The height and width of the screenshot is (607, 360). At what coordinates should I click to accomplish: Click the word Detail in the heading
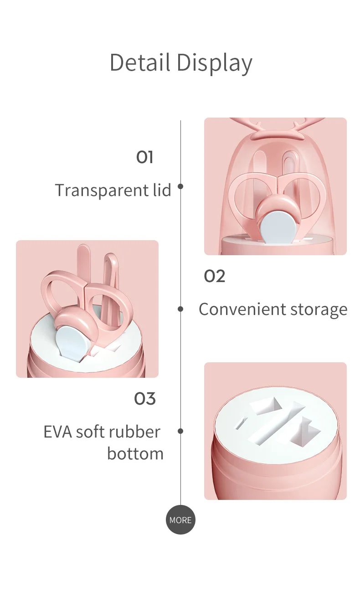(140, 62)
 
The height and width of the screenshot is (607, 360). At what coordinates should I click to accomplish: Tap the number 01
(144, 157)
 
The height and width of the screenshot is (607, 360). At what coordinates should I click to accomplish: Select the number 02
(214, 276)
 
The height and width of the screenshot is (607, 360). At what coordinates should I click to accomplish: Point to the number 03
(145, 399)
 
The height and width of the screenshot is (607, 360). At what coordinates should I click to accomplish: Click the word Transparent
(97, 190)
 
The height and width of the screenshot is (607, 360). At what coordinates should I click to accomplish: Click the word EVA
(57, 432)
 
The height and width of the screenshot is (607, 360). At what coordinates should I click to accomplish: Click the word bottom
(135, 453)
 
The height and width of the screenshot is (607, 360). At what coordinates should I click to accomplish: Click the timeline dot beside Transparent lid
(180, 186)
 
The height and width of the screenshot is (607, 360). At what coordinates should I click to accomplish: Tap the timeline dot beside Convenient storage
(180, 309)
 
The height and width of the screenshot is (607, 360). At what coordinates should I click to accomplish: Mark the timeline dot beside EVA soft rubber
(180, 431)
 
